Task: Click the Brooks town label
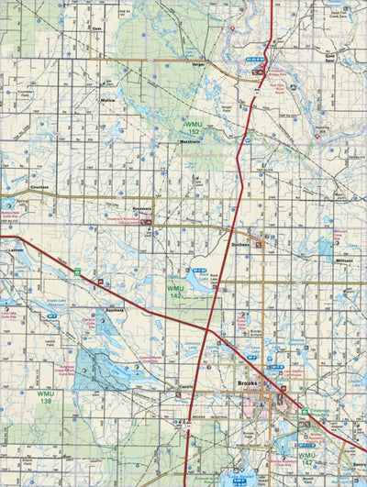pyautogui.click(x=246, y=382)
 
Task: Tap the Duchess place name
pyautogui.click(x=241, y=245)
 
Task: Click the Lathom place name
pyautogui.click(x=15, y=249)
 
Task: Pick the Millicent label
pyautogui.click(x=344, y=260)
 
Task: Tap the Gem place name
pyautogui.click(x=95, y=28)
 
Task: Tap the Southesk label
pyautogui.click(x=115, y=310)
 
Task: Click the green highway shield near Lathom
pyautogui.click(x=79, y=271)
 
